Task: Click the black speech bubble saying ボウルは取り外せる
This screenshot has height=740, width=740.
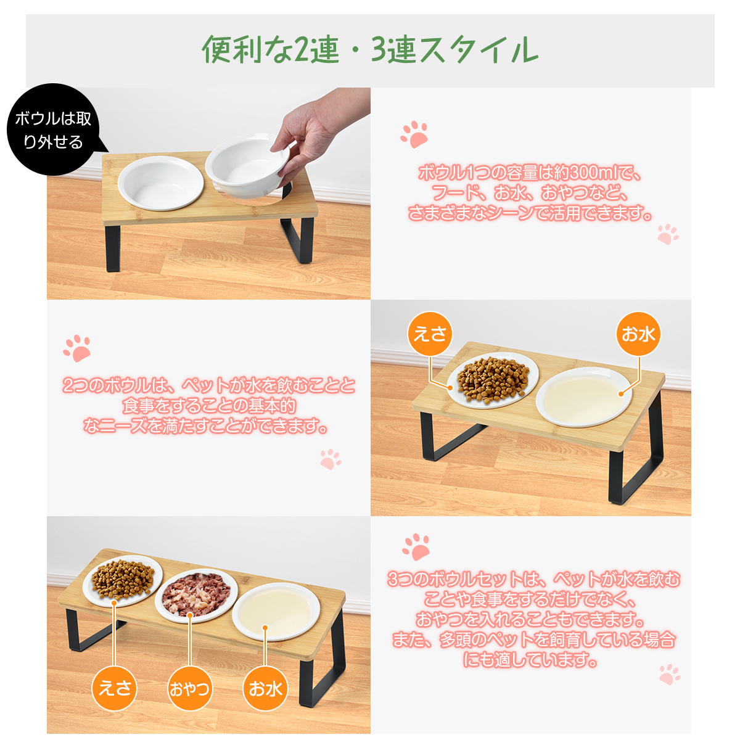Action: [54, 129]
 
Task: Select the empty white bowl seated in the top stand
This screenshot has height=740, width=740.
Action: [160, 183]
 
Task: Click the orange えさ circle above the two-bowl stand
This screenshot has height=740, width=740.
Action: [430, 334]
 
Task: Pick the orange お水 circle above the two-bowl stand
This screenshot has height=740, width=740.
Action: [638, 334]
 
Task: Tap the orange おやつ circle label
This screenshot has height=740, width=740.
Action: [190, 689]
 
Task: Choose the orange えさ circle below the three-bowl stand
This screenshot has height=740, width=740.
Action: [115, 689]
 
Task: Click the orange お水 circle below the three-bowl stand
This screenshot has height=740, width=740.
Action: [265, 689]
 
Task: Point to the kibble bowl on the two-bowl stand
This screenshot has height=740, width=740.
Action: [493, 380]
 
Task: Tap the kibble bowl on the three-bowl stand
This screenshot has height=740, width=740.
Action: [123, 580]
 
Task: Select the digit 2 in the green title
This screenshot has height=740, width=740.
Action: [302, 49]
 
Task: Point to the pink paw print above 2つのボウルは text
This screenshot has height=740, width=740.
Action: [77, 348]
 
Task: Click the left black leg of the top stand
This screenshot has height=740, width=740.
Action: [112, 248]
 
